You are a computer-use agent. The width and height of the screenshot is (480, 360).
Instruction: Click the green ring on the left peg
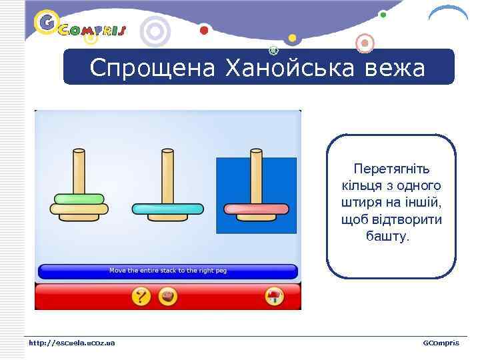coord(79,199)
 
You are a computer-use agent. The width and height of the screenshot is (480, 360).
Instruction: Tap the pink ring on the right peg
coord(255,209)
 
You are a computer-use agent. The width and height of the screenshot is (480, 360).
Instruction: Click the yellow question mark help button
coord(141,296)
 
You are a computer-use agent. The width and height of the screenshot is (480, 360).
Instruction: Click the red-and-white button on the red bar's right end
coord(273,296)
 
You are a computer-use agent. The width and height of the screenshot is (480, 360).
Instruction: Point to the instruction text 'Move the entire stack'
coord(168,271)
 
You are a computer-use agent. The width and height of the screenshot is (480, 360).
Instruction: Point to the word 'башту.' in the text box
coord(389,237)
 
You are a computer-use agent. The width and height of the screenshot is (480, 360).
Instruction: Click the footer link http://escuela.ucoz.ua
coord(71,343)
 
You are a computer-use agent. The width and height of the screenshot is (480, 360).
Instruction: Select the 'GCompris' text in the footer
coord(441,343)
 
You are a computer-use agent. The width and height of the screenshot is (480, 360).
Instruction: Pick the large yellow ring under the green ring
coord(79,209)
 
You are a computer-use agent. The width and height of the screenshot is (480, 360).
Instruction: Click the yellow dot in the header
coord(291,37)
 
